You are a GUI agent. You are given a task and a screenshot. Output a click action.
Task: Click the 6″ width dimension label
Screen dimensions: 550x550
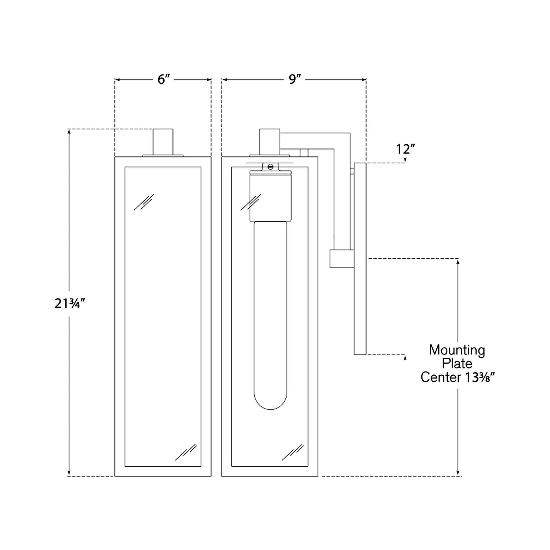(163, 79)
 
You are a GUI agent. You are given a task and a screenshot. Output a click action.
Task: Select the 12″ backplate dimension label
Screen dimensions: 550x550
(406, 149)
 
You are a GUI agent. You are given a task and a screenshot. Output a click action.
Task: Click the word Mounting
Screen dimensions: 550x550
(457, 350)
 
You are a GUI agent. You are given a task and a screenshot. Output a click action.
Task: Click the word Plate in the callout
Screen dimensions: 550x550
(457, 364)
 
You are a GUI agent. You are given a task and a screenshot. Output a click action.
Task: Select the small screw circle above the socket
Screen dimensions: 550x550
(270, 167)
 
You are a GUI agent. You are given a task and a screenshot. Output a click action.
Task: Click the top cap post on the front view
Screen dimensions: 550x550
(163, 142)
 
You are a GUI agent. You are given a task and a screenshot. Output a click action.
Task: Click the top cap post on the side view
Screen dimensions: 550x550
(270, 142)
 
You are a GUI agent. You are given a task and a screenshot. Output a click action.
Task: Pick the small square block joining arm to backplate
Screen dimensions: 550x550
(342, 259)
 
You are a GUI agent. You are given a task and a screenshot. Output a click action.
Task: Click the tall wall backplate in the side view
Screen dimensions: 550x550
(360, 259)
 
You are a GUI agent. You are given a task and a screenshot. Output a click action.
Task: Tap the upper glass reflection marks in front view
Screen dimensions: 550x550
(144, 202)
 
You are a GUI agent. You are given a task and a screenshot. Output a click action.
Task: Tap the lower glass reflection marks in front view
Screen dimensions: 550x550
(186, 452)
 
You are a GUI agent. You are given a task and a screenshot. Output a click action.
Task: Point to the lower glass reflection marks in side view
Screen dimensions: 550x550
(293, 452)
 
